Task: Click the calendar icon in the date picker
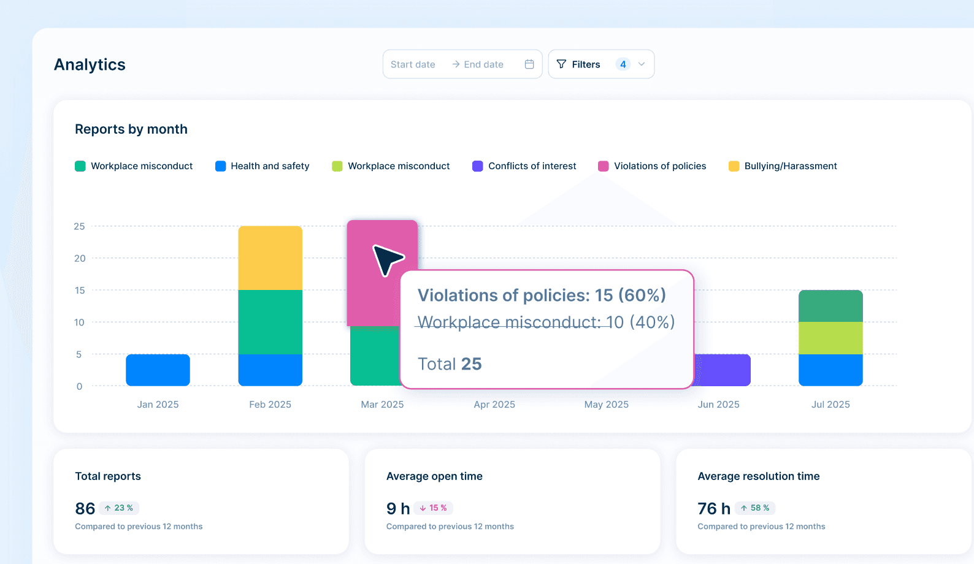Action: point(529,64)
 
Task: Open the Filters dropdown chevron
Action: point(642,64)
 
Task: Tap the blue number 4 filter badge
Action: point(623,64)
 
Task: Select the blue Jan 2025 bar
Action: point(158,370)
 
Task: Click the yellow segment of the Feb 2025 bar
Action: point(270,257)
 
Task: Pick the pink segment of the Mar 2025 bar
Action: point(382,273)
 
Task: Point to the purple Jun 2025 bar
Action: point(723,370)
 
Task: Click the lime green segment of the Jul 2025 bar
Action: point(830,338)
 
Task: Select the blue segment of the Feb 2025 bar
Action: point(270,370)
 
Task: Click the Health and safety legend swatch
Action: point(220,166)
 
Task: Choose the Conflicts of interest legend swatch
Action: point(477,166)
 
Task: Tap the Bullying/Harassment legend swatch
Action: point(734,166)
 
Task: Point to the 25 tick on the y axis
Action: point(79,226)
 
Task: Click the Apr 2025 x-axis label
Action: point(494,405)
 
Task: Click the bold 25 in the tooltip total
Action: point(471,364)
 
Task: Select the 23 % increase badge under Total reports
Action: point(119,508)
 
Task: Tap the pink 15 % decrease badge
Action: point(433,508)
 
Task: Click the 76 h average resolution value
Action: point(713,508)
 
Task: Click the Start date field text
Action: point(413,64)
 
